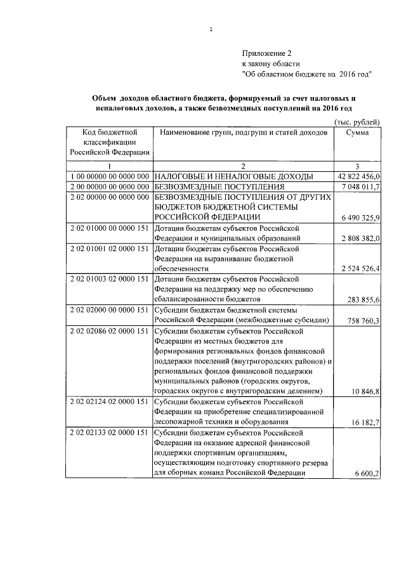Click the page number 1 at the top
point(211,29)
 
